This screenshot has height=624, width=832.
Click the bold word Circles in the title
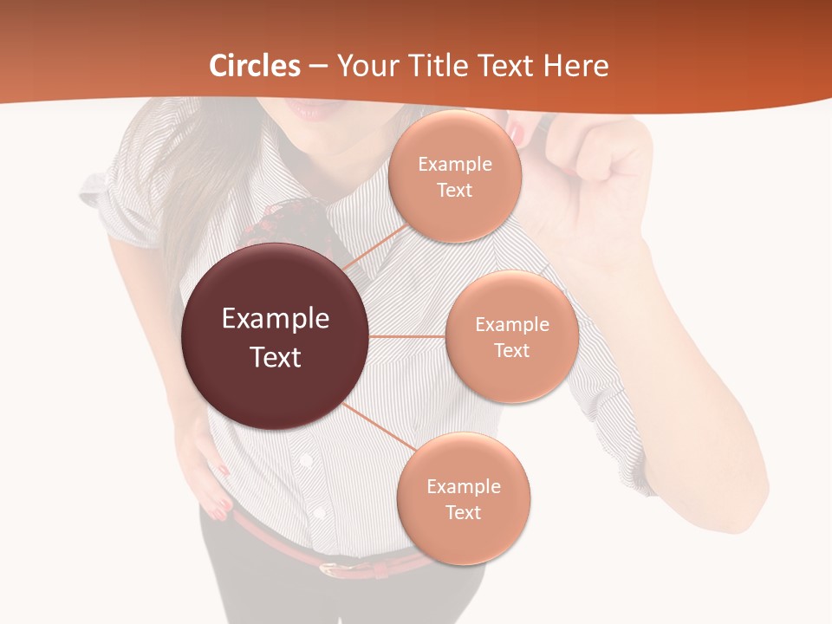point(255,66)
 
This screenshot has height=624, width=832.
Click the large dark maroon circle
point(276,336)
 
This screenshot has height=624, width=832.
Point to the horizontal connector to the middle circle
point(407,336)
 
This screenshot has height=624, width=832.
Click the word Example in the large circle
point(276,319)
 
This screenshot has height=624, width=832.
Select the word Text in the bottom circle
point(463,512)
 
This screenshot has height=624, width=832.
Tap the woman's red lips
point(310,111)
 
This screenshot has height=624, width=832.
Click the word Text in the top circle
point(454,190)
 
